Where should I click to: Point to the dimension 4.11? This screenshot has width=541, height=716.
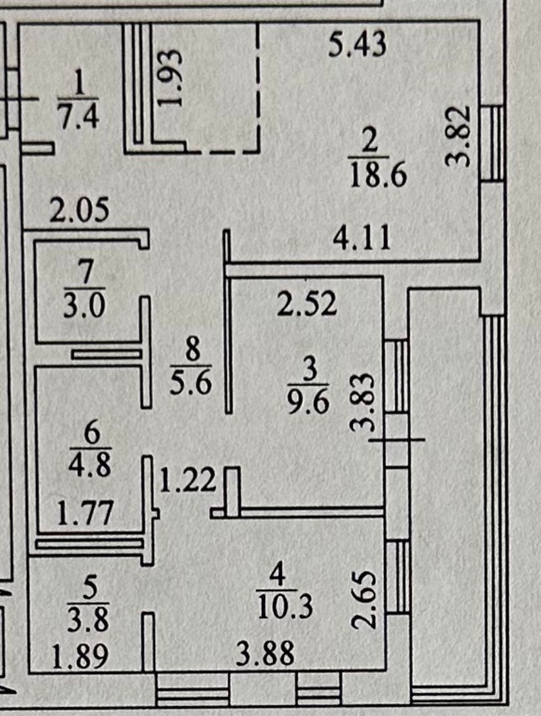click(362, 240)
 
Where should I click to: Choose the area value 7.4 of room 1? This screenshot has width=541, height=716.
click(78, 118)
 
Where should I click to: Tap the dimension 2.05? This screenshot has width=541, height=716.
click(79, 211)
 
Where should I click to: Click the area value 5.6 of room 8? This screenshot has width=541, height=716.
click(192, 385)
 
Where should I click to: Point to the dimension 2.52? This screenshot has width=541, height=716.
click(307, 304)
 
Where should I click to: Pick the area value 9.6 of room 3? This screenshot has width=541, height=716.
click(309, 403)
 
